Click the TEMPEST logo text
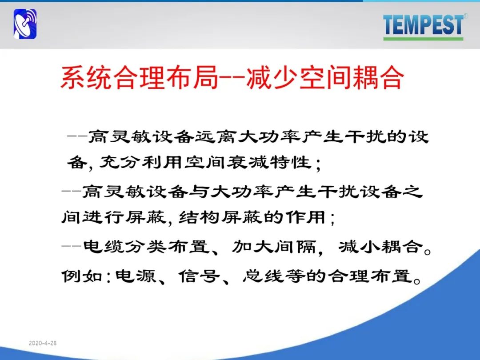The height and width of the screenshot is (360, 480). (423, 24)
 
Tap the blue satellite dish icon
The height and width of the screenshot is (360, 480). (25, 24)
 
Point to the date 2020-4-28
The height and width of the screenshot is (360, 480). (43, 343)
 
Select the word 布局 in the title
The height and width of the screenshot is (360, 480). (192, 78)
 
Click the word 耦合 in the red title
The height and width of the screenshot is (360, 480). (377, 78)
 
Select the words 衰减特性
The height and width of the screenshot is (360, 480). (269, 162)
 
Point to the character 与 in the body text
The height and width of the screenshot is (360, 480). (199, 192)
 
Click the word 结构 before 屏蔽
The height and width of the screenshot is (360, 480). (199, 217)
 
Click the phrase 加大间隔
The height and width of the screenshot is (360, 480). (273, 246)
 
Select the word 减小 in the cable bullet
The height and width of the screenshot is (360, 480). (359, 246)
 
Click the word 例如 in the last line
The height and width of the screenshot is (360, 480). (82, 276)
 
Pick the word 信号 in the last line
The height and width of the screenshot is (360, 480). (199, 276)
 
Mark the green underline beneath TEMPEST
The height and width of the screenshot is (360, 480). (423, 39)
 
